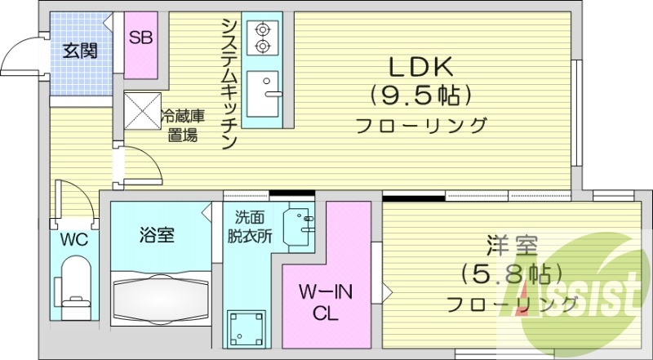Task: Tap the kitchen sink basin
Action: coord(262,93)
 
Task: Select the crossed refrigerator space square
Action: coord(141,109)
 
